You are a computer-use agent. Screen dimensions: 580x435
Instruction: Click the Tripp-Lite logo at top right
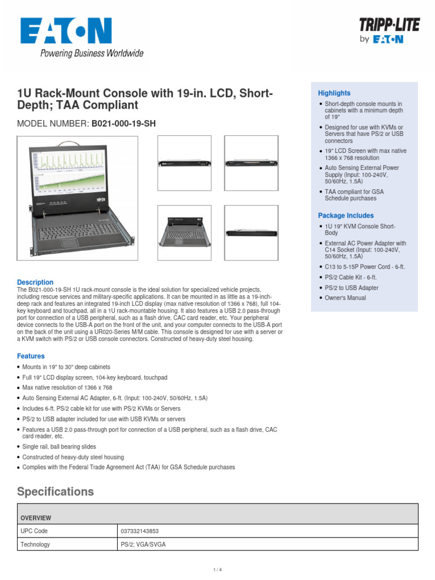[381, 30]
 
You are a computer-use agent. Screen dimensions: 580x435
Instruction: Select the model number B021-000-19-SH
[123, 123]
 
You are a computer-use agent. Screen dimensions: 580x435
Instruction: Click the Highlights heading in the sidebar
[334, 93]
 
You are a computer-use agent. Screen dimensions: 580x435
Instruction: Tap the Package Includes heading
[346, 216]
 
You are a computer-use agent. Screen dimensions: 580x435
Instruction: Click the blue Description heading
[35, 282]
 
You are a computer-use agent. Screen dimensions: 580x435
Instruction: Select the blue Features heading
[31, 356]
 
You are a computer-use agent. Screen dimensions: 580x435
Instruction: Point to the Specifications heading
[56, 491]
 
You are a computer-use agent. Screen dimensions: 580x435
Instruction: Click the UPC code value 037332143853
[140, 531]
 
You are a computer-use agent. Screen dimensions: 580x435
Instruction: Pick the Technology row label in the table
[35, 544]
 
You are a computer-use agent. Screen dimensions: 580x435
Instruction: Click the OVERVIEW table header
[36, 518]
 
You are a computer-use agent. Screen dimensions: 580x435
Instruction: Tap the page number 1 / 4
[217, 570]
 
